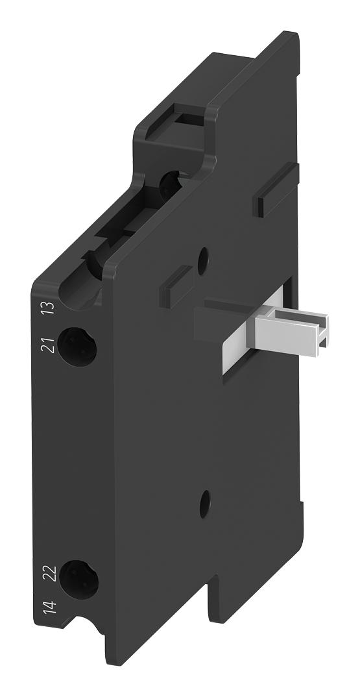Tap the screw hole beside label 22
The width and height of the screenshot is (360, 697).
click(79, 578)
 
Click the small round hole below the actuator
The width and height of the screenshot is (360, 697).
click(205, 499)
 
